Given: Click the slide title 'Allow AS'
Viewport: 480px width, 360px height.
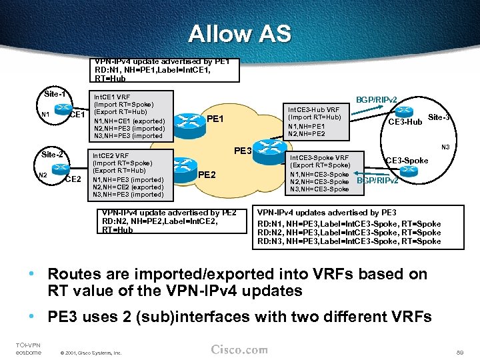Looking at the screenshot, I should point(239,33).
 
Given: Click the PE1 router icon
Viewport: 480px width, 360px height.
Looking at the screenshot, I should point(189,121).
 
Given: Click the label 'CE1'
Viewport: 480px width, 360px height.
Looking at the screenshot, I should point(77,115).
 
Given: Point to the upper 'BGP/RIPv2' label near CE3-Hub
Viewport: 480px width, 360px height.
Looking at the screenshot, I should point(377,99).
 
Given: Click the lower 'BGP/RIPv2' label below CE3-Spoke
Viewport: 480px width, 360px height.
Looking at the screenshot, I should point(378,181).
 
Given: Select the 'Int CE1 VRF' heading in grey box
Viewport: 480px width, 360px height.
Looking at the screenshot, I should point(111,97).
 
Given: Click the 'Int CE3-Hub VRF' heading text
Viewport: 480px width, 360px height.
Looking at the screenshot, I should point(313,109).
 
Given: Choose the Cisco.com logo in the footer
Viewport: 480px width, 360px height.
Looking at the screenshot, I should point(239,350).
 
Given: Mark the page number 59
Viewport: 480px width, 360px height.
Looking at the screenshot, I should point(459,351).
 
